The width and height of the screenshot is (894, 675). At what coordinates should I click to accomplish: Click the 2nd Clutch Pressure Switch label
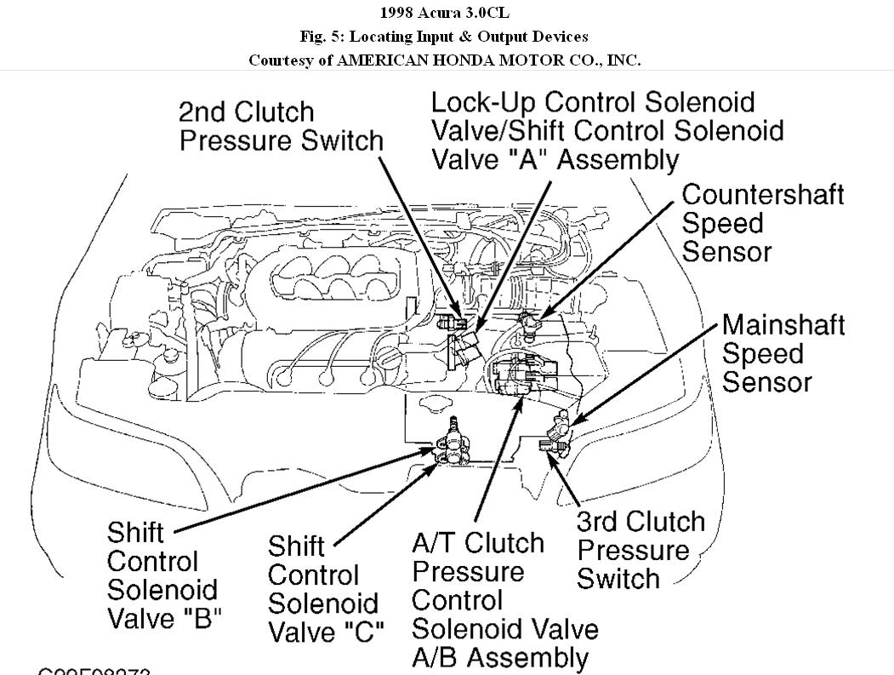pos(281,126)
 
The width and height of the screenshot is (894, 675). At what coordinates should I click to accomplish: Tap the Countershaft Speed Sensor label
pos(763,223)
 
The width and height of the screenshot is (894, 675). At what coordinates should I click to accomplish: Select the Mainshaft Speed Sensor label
pos(783,353)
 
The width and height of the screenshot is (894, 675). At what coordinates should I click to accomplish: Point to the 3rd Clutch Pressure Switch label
pos(641,550)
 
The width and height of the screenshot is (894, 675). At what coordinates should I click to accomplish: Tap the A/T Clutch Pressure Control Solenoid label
pos(504,599)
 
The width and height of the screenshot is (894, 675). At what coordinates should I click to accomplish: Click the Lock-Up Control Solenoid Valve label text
pos(606,130)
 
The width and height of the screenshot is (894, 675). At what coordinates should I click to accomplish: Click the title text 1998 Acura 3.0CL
pos(446,14)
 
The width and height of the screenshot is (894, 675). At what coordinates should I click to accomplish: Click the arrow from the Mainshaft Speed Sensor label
pos(646,375)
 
